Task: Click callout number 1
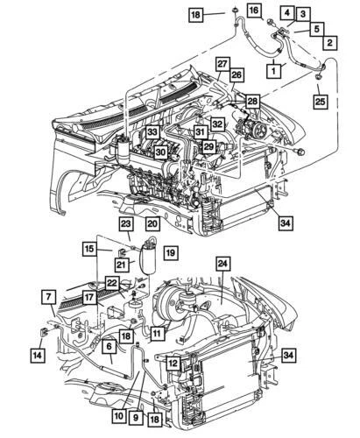click(274, 68)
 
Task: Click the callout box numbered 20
click(152, 224)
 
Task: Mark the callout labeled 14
click(37, 356)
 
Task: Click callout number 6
click(109, 347)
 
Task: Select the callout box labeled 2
click(329, 42)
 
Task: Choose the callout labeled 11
click(156, 333)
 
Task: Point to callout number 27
click(223, 64)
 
